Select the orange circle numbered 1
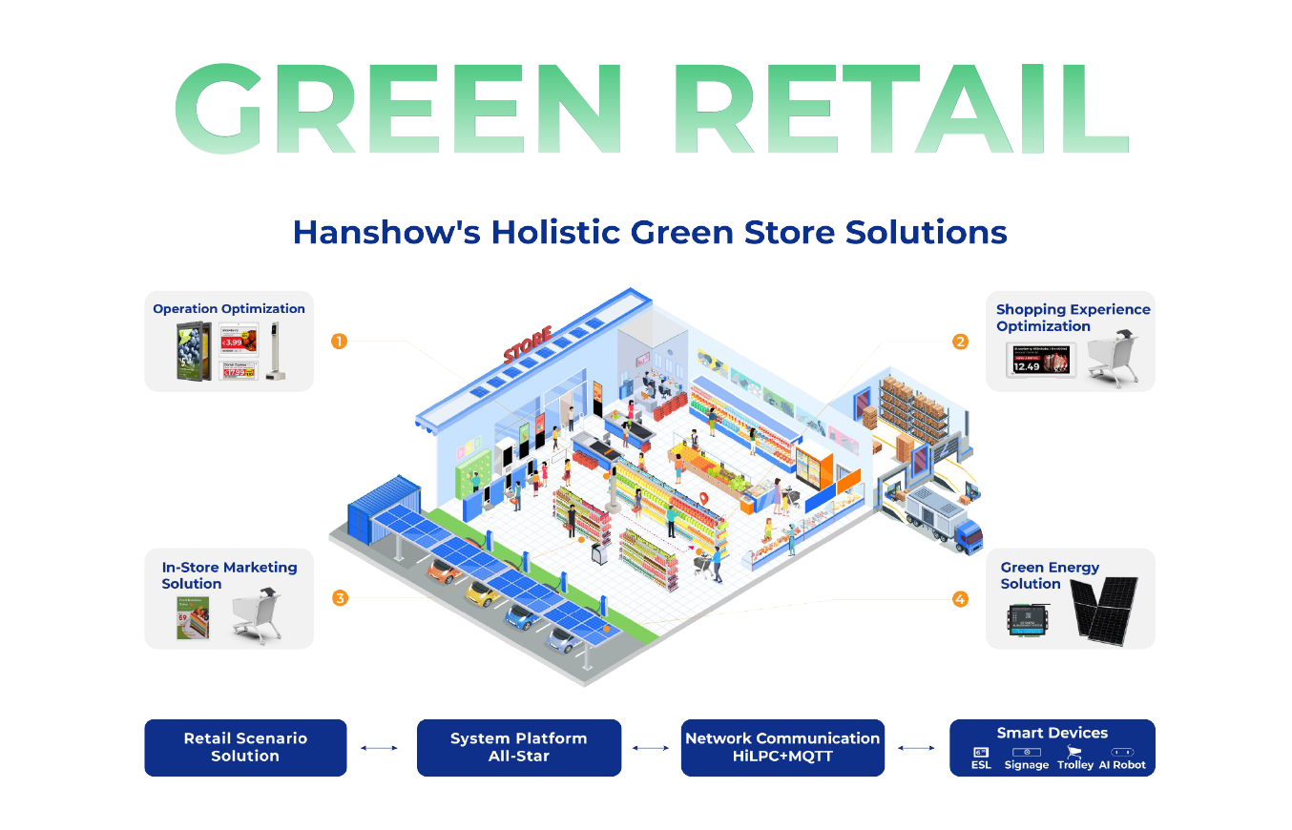[338, 341]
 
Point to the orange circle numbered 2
[960, 341]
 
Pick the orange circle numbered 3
[339, 598]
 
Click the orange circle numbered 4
[960, 599]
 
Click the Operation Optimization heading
[229, 309]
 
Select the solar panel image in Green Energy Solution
[1103, 607]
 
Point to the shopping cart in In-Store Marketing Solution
[256, 615]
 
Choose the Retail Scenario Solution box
[245, 747]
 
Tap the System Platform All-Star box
[518, 747]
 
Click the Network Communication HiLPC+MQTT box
[782, 747]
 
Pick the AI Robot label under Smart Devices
[1122, 765]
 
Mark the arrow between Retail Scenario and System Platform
[380, 748]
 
